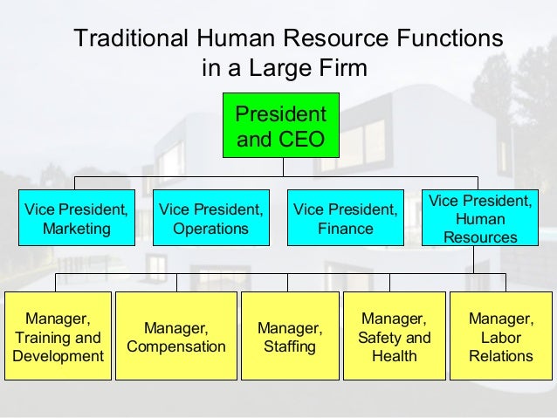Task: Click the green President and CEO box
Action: pos(278,126)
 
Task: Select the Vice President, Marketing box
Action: pos(76,218)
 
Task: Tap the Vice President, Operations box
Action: pos(210,218)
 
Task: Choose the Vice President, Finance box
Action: pos(345,218)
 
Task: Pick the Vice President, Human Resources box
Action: pos(479,218)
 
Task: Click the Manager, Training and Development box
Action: pos(58,337)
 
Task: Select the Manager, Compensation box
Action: pos(176,337)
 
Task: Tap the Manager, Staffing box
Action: pos(289,337)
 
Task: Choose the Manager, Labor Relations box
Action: pos(500,337)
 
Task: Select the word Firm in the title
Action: pos(345,67)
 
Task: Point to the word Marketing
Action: pos(76,229)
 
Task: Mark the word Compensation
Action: pos(176,346)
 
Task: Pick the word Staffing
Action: pos(289,346)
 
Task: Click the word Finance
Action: pos(345,229)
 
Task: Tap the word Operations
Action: pos(210,229)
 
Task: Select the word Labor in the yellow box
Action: pos(500,337)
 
